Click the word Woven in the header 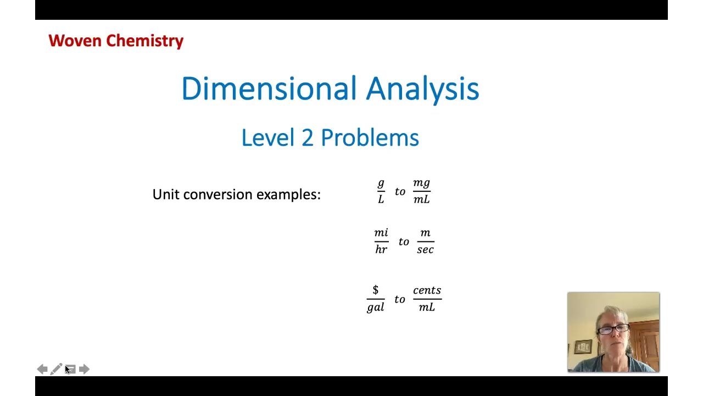click(x=75, y=41)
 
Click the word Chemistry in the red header click(x=144, y=41)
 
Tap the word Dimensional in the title click(x=269, y=89)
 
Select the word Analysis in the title click(x=422, y=89)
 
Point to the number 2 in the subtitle click(x=307, y=137)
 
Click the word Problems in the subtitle click(x=370, y=137)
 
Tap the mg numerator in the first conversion click(x=421, y=183)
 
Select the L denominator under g click(x=381, y=200)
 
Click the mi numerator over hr click(x=381, y=233)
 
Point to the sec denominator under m click(x=425, y=250)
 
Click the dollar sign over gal click(x=376, y=290)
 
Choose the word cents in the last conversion click(x=427, y=290)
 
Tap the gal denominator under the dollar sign click(x=376, y=307)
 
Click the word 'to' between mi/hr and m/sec click(x=404, y=242)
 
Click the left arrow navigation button click(x=42, y=369)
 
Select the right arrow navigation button click(x=84, y=369)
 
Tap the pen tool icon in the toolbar click(x=56, y=369)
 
